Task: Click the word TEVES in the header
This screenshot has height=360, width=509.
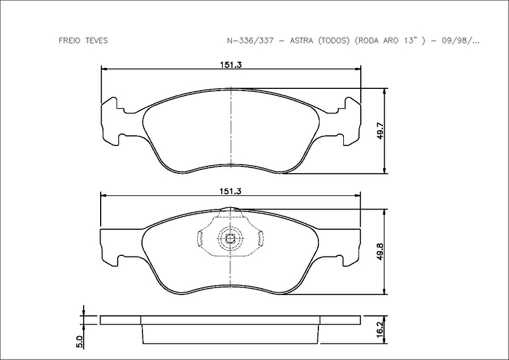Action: tap(96, 41)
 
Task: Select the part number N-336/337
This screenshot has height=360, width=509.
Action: tap(251, 41)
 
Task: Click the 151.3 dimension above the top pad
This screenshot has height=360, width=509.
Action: tap(231, 65)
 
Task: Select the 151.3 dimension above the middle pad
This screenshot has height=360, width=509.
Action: tap(231, 191)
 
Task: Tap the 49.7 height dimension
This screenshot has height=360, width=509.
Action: tap(381, 131)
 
